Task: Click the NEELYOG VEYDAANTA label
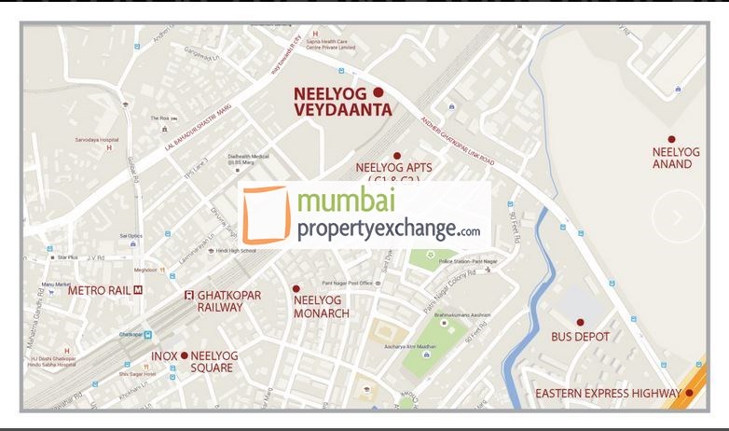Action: point(342,102)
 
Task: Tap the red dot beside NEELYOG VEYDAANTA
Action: point(378,92)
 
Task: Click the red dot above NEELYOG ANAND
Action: point(671,139)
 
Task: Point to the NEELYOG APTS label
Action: point(393,169)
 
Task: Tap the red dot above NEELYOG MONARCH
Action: point(296,289)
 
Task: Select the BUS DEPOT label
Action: point(580,336)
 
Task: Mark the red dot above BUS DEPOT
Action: point(580,321)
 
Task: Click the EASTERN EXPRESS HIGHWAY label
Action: point(608,394)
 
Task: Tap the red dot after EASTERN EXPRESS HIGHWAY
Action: point(689,393)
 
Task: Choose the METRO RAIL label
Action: point(99,290)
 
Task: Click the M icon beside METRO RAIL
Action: point(138,290)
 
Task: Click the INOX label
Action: point(164,355)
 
